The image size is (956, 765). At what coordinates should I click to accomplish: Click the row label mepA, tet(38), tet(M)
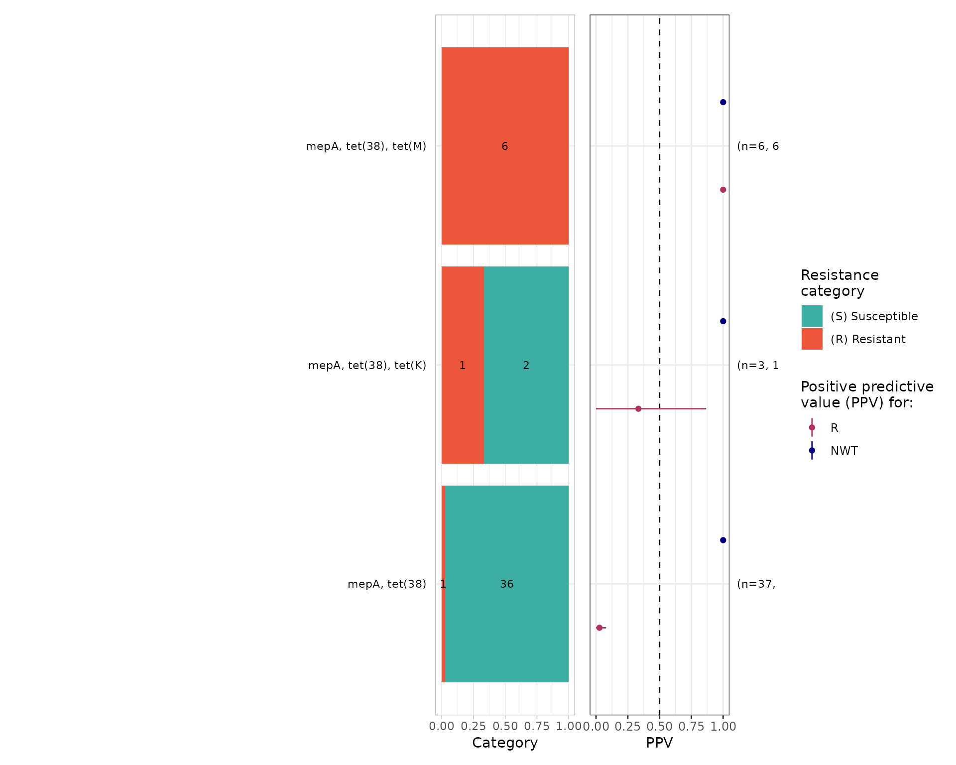point(366,146)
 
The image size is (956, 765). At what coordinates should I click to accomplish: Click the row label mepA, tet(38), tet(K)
point(367,366)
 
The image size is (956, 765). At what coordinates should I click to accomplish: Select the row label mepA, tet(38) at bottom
point(387,584)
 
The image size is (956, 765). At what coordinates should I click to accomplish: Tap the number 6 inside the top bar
point(505,146)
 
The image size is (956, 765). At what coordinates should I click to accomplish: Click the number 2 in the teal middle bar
point(526,366)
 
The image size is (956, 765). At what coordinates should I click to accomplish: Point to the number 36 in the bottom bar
point(507,584)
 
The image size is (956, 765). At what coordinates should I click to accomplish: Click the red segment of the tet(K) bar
point(463,398)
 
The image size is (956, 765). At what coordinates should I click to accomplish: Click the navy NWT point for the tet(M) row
point(723,102)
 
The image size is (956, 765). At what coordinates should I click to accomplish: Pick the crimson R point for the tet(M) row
point(723,190)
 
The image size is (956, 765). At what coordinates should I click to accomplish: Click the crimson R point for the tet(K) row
point(638,409)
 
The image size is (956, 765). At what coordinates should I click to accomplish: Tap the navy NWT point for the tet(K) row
point(723,321)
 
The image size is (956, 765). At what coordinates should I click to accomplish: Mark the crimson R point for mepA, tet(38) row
point(599,628)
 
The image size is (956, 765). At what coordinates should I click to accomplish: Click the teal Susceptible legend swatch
point(812,316)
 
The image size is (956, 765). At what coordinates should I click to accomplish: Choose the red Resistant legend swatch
point(812,339)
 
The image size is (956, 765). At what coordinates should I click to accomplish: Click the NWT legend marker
point(812,451)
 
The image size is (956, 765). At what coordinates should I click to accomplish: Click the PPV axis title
point(659,743)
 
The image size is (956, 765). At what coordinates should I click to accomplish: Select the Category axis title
point(505,743)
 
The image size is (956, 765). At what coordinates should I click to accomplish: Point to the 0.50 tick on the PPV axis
point(660,727)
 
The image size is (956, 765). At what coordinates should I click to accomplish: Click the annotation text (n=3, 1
point(758,366)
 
